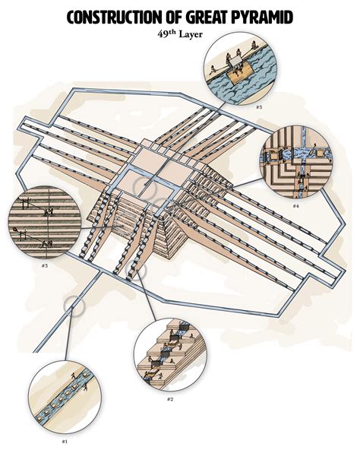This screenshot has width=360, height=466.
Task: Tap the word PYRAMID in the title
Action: click(x=262, y=17)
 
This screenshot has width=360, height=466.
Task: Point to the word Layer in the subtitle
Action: click(x=191, y=34)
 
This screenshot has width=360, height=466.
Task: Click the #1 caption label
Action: click(x=65, y=442)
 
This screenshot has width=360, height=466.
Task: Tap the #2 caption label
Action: click(x=169, y=399)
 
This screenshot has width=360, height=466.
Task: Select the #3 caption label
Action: click(x=45, y=265)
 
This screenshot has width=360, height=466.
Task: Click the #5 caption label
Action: click(x=259, y=107)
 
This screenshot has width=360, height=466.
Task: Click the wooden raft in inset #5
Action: click(x=240, y=74)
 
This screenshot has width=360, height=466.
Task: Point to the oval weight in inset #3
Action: click(x=14, y=229)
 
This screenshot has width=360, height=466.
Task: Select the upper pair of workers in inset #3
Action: click(x=49, y=212)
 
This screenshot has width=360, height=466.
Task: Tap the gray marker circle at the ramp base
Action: click(x=136, y=271)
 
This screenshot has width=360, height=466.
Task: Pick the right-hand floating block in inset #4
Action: click(x=321, y=154)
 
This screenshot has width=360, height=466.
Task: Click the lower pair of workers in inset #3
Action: click(x=48, y=244)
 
